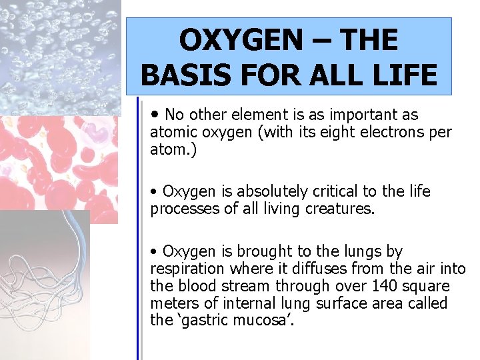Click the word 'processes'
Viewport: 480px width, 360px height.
point(180,209)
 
